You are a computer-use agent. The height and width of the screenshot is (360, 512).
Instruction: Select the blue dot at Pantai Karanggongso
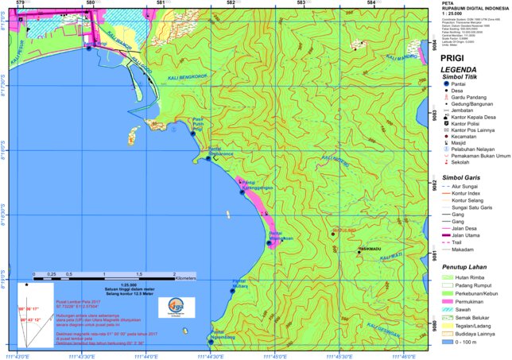[x=242, y=192]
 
